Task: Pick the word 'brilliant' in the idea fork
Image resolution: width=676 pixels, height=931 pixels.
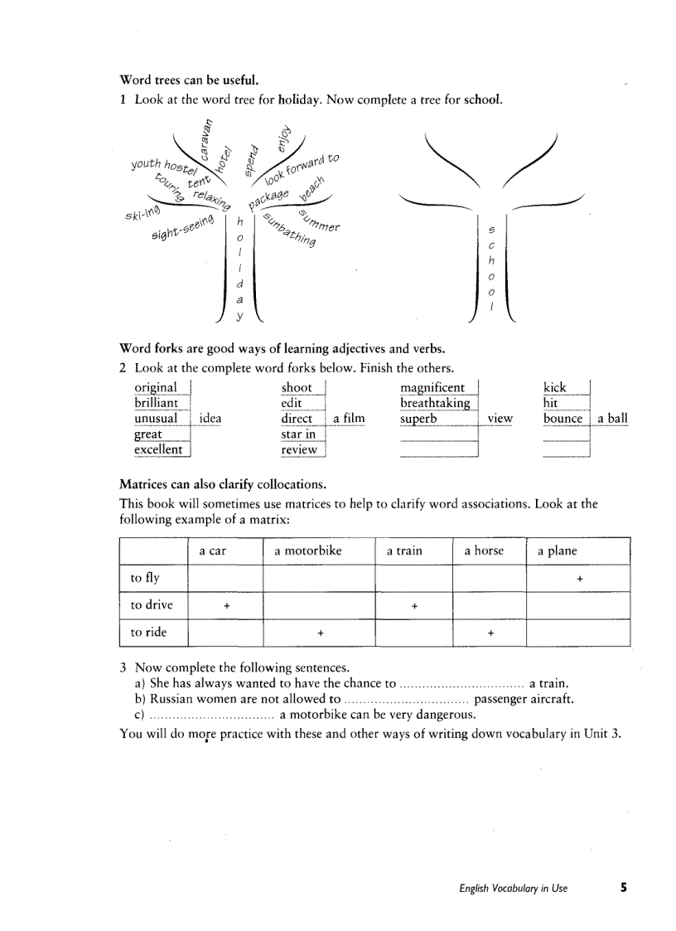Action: click(x=156, y=403)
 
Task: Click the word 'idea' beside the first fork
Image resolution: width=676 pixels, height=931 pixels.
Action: click(x=210, y=419)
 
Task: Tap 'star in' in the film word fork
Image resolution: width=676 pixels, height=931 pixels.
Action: click(x=297, y=434)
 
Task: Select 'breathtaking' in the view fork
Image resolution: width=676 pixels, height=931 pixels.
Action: click(x=434, y=403)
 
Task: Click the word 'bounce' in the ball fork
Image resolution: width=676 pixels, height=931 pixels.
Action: click(x=563, y=419)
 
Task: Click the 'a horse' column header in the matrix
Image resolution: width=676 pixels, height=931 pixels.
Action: click(x=484, y=550)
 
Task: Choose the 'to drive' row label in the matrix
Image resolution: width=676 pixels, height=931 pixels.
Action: click(x=152, y=605)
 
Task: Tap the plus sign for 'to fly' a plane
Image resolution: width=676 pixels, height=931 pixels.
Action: click(x=579, y=579)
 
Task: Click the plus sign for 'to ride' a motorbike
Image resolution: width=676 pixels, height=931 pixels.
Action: click(x=320, y=633)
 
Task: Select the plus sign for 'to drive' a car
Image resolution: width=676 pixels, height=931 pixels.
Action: click(x=226, y=606)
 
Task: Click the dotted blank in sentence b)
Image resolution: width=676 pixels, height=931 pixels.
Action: click(x=406, y=700)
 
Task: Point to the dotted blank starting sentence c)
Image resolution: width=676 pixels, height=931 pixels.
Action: click(x=211, y=715)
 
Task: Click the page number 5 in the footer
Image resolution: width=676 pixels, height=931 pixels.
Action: click(x=623, y=888)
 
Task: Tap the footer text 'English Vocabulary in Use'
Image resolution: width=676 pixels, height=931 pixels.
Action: click(x=514, y=889)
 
